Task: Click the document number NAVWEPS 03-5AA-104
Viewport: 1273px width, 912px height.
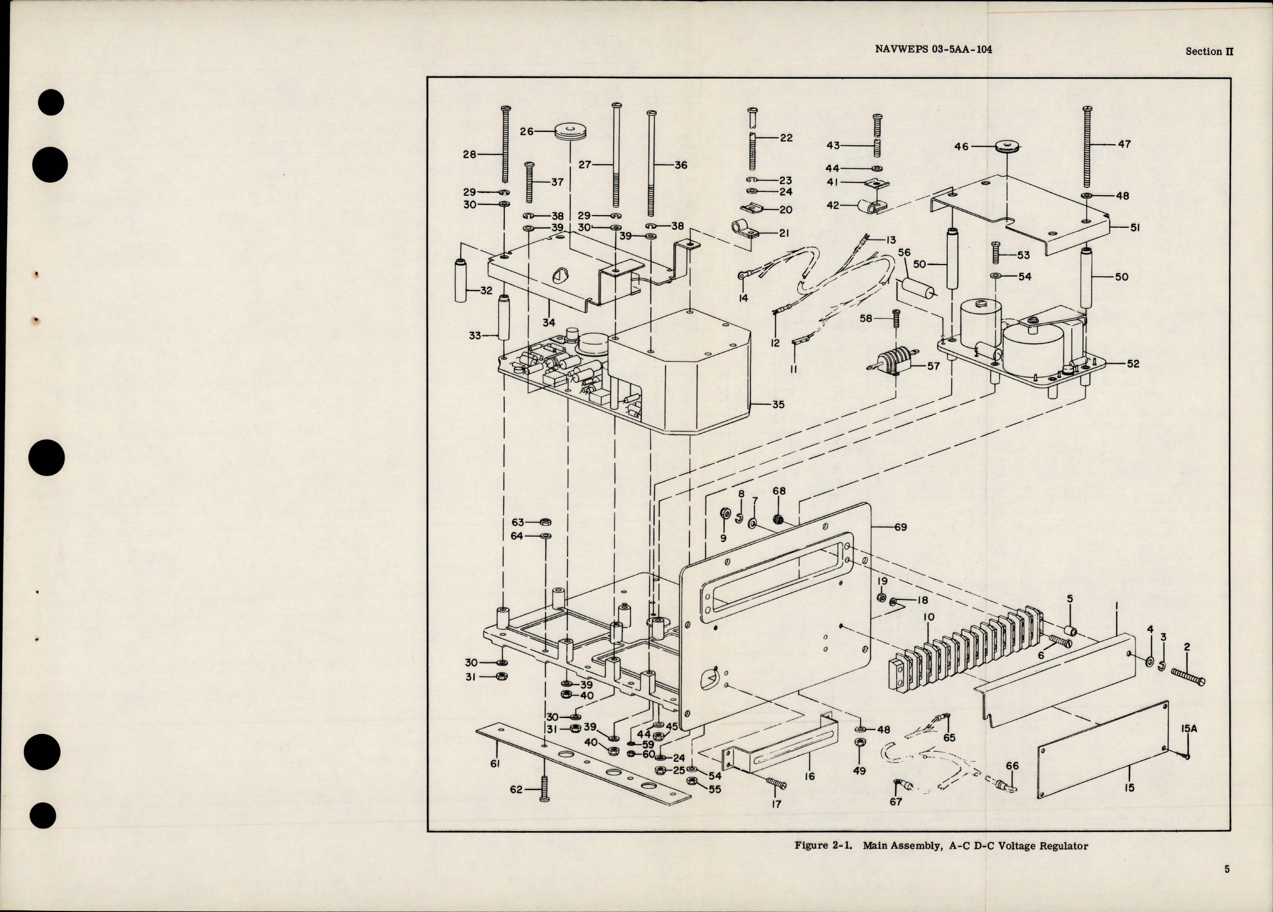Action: (x=932, y=49)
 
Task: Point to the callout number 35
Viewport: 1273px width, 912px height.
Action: (x=778, y=404)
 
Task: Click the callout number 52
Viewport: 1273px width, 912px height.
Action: (x=1133, y=364)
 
